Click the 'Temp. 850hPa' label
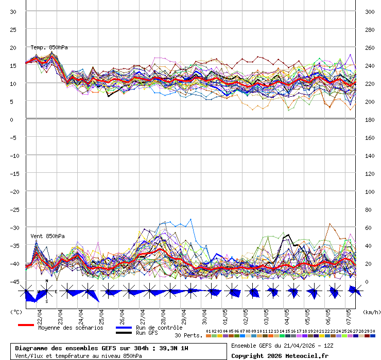(49, 47)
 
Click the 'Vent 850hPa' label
(47, 236)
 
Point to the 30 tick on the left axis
(13, 11)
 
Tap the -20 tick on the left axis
(13, 191)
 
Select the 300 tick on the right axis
(370, 11)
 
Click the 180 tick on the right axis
(370, 119)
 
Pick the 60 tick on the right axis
(369, 227)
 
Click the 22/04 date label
(40, 314)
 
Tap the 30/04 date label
(204, 314)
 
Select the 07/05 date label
(349, 314)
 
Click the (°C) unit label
(16, 312)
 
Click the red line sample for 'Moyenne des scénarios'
(26, 325)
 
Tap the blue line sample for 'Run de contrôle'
(124, 328)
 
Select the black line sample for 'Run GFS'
(124, 333)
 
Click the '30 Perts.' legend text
(188, 335)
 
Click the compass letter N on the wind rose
(47, 281)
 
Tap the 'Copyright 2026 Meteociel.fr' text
(280, 355)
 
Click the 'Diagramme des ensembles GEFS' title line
(101, 348)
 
